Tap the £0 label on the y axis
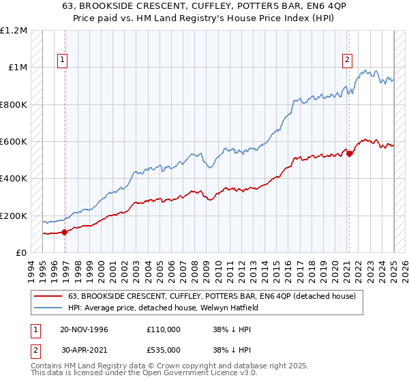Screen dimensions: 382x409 tap(22, 253)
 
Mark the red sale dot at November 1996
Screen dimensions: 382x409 tap(65, 232)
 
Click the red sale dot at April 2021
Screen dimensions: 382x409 tap(350, 153)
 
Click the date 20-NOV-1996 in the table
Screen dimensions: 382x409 tap(85, 329)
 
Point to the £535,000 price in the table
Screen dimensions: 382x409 tap(163, 351)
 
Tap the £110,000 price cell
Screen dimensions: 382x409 tap(163, 329)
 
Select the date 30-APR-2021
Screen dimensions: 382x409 tap(84, 351)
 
